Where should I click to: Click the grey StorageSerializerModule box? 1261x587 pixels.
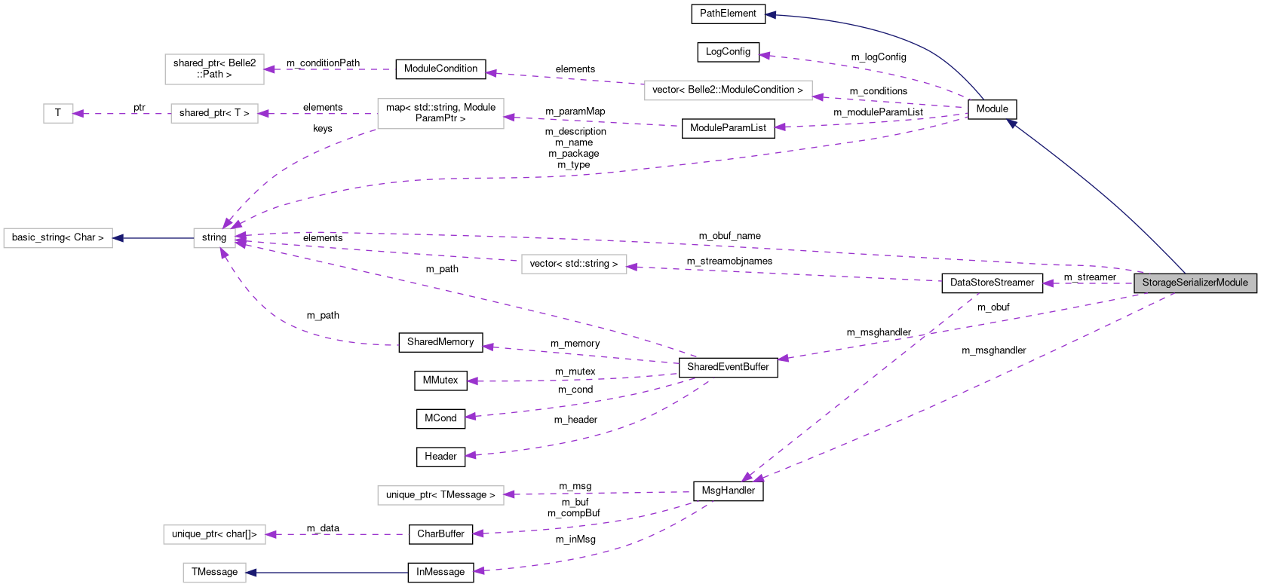tap(1195, 283)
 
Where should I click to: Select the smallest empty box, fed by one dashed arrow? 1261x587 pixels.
tap(58, 114)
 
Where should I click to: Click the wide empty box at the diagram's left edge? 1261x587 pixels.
tap(58, 238)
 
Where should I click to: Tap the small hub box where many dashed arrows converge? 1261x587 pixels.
tap(214, 238)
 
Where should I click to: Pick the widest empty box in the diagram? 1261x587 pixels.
tap(728, 90)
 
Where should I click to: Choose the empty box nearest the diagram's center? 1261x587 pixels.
tap(574, 264)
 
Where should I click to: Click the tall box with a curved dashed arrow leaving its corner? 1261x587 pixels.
tap(440, 114)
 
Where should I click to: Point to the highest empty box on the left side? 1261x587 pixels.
tap(214, 69)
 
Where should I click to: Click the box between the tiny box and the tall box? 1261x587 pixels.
tap(214, 114)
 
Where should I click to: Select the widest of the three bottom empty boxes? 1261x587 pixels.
tap(440, 495)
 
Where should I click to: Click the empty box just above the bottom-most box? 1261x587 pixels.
tap(214, 534)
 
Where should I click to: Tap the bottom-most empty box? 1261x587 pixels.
tap(214, 573)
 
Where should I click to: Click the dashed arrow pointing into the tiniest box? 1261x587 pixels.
tap(121, 114)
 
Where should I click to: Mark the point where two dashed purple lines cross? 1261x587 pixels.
tap(927, 334)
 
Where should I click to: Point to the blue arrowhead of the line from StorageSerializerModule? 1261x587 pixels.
tap(1012, 123)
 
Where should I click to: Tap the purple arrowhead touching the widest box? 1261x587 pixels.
tap(818, 96)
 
